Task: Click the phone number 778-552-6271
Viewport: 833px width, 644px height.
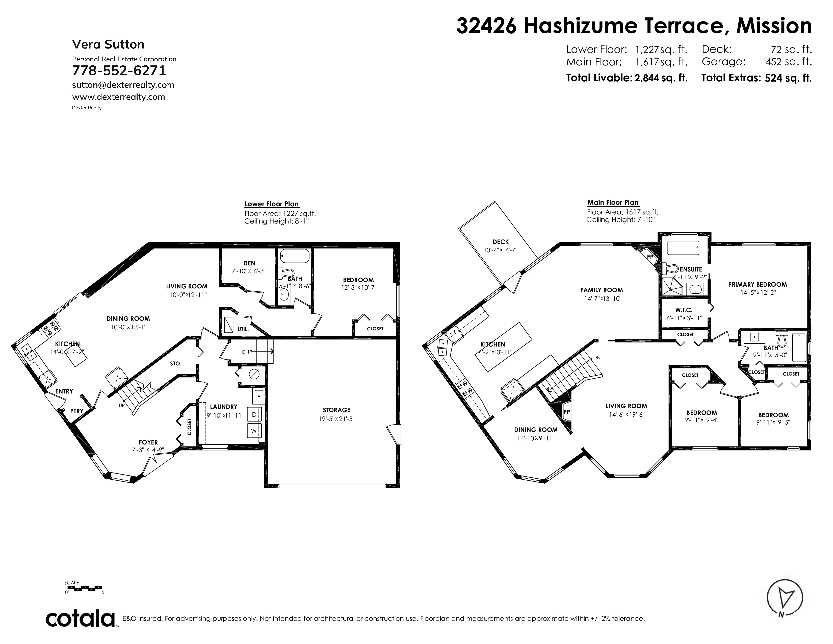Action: click(x=119, y=71)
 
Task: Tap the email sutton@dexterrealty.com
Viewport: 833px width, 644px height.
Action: click(x=123, y=85)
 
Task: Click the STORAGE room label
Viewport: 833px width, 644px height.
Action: click(x=336, y=410)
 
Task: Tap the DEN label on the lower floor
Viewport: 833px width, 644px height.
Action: click(x=249, y=263)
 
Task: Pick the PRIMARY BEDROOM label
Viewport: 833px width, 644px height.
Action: click(x=758, y=285)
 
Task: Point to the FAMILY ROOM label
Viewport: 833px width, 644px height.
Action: click(x=602, y=290)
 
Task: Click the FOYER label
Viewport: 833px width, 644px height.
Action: click(x=148, y=442)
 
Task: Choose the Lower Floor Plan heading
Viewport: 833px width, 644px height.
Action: click(x=272, y=204)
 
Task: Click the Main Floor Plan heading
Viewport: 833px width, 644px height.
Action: click(x=613, y=203)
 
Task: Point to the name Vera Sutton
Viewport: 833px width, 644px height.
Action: click(x=108, y=45)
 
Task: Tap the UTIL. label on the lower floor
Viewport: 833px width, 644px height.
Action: click(x=243, y=329)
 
